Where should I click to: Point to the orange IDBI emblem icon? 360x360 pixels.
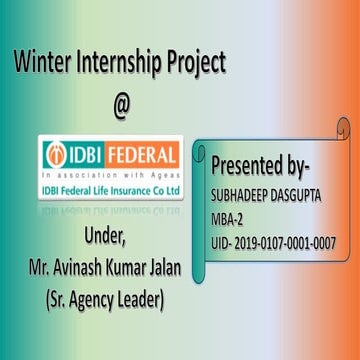coord(57,155)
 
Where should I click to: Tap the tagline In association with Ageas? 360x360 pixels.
coord(110,173)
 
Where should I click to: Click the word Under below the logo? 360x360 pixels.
coord(111,239)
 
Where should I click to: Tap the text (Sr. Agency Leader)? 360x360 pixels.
coord(111,299)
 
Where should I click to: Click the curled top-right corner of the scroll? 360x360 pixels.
coord(342,128)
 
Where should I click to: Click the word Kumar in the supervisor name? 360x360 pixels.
coord(137,269)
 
